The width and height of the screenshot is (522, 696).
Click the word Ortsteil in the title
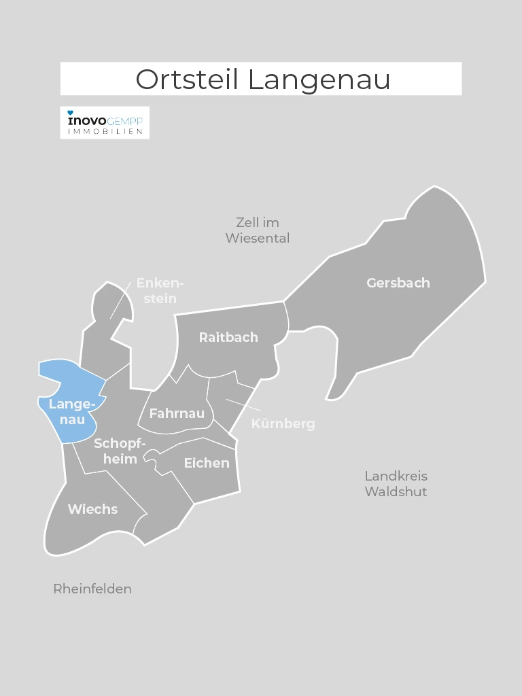(188, 80)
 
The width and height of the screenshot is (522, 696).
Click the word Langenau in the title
(319, 80)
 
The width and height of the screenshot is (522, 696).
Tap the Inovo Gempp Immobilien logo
(105, 122)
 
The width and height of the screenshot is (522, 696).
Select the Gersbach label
(398, 283)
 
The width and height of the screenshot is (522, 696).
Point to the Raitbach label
(228, 337)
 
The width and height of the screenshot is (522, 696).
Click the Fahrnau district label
(177, 413)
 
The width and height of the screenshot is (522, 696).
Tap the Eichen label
(207, 463)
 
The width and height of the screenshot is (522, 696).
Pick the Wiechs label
(92, 509)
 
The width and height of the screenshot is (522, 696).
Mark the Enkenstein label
(160, 291)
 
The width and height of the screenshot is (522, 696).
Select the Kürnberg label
(283, 424)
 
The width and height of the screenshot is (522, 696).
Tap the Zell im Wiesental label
(258, 230)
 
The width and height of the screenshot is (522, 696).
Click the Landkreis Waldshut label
(396, 483)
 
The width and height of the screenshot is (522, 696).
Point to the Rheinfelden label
(92, 589)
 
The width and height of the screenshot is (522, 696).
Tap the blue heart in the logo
(70, 112)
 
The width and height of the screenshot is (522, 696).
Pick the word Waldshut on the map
(396, 491)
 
